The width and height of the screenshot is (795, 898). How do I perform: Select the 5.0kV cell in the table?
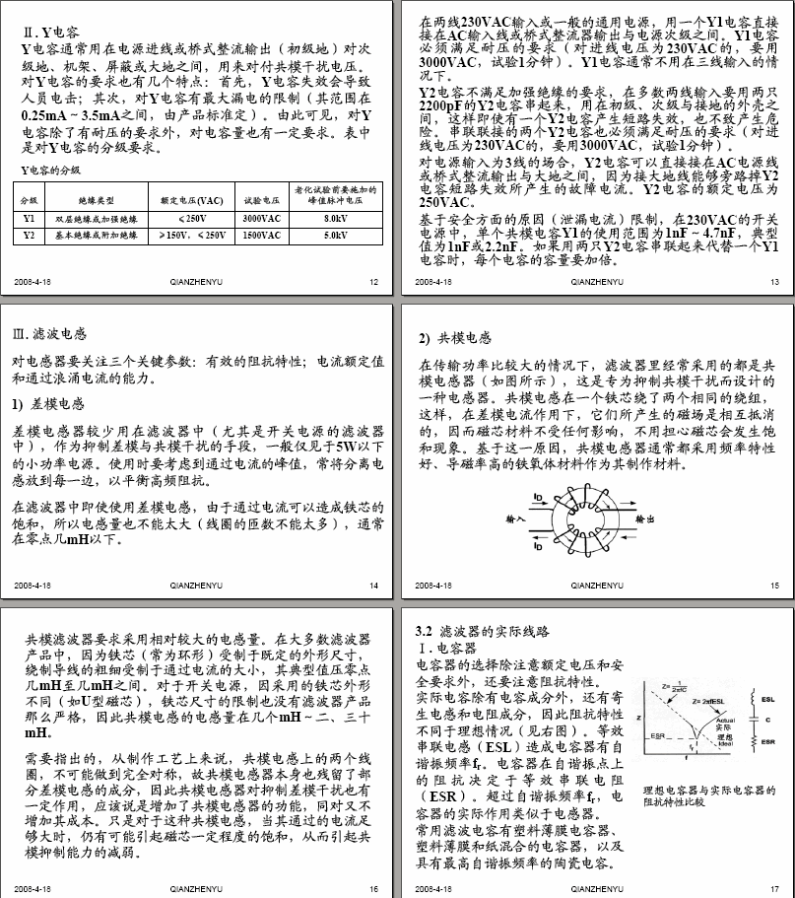(334, 236)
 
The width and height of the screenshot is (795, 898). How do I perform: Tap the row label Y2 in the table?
(29, 236)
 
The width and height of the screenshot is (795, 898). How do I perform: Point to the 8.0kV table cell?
(334, 218)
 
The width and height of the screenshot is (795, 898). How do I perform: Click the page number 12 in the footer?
(373, 282)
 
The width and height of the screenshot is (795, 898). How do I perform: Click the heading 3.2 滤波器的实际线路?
(482, 629)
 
